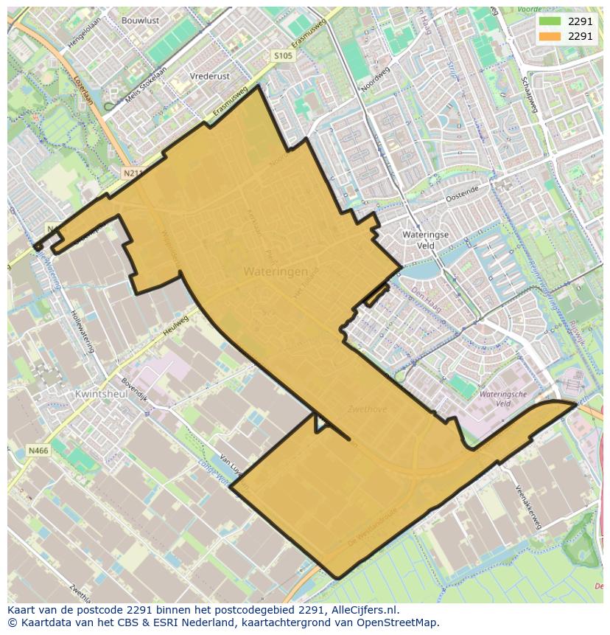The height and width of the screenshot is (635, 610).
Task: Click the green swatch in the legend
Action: click(550, 22)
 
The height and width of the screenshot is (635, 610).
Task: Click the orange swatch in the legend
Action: click(550, 36)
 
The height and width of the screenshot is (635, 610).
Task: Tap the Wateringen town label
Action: click(276, 271)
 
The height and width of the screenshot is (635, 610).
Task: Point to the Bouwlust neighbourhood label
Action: click(140, 21)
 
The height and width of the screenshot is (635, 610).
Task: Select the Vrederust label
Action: click(209, 76)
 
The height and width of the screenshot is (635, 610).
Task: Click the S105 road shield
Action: click(283, 56)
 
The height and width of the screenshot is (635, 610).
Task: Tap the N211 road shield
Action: click(132, 173)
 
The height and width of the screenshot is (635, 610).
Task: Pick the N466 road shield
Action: click(38, 450)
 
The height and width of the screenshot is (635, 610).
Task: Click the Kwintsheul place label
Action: click(101, 394)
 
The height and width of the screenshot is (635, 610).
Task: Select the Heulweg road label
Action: click(175, 327)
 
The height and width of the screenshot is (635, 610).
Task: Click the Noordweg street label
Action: click(374, 80)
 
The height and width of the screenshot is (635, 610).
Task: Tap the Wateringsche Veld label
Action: click(502, 399)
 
